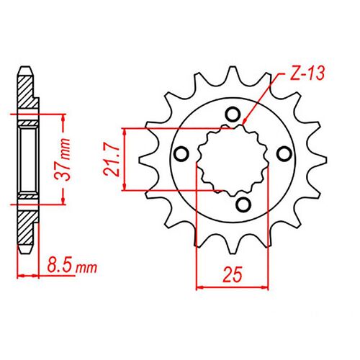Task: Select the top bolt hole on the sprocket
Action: [x=232, y=112]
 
